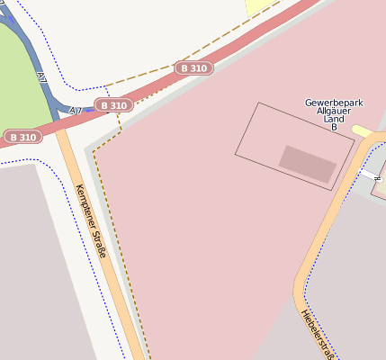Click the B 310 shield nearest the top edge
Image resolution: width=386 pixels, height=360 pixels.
[193, 67]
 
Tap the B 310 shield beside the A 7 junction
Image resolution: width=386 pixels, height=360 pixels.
[114, 105]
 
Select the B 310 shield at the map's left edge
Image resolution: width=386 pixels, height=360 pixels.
[22, 137]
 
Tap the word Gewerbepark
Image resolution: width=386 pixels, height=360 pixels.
[334, 103]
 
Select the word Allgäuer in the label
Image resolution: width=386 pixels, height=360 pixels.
[334, 112]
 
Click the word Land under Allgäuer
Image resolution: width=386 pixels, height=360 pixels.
[334, 120]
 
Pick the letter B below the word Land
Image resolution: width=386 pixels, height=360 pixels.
[334, 128]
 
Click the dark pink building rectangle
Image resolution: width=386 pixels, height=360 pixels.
[308, 163]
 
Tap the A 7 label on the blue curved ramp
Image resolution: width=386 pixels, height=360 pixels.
[42, 79]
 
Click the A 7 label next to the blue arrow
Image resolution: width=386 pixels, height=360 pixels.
[76, 111]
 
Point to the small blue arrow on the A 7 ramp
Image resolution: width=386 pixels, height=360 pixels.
[90, 110]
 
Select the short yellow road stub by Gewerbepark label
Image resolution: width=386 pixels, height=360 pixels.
[362, 131]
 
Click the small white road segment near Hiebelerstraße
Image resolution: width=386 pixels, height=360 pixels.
[370, 173]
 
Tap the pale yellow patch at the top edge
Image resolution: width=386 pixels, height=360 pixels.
[261, 6]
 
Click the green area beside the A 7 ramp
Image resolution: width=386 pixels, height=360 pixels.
[18, 81]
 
